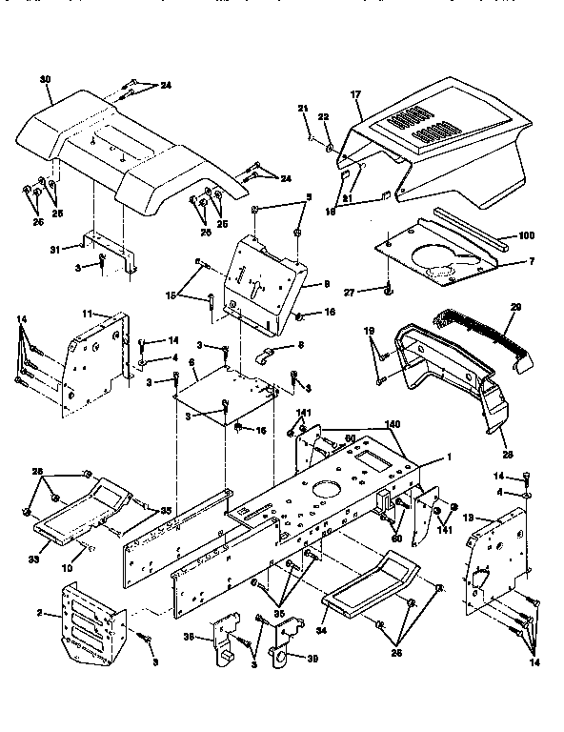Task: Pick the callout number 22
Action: [x=324, y=116]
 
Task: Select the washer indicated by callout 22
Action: [x=330, y=149]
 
